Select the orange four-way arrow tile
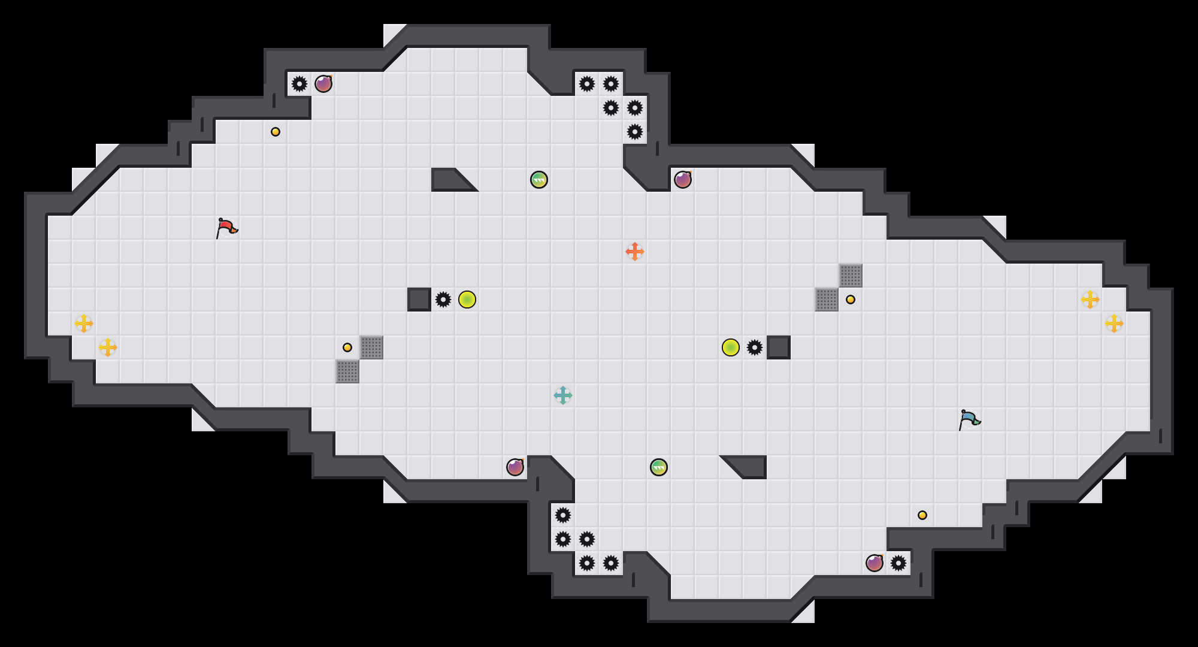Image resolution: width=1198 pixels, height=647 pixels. tap(635, 252)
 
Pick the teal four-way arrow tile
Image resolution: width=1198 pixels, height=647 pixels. tap(563, 395)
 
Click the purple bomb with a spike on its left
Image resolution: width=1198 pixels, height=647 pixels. tap(323, 84)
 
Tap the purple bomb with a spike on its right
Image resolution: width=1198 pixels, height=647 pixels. tap(875, 563)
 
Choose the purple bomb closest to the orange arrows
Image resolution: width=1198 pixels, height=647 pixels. tap(683, 180)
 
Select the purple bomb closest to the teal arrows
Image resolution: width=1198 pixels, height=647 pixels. tap(515, 467)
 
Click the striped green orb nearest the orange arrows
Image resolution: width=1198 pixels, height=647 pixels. tap(539, 180)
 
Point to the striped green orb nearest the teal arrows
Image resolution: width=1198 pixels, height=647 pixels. tap(659, 467)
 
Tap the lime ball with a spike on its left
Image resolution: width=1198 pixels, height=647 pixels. tap(467, 300)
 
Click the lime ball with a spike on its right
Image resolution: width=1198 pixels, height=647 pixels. tap(731, 347)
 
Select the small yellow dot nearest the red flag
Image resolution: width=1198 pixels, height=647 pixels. tap(276, 132)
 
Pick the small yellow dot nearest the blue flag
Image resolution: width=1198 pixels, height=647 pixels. tap(922, 515)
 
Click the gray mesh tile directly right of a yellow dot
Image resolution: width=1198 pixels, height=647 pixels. tap(371, 347)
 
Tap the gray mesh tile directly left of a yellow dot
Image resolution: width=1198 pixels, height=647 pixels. tap(827, 300)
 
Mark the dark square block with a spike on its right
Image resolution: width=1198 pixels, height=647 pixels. tap(419, 300)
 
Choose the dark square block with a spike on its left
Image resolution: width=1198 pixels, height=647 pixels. tap(779, 347)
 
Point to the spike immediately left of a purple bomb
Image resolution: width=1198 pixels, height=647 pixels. tap(299, 84)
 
